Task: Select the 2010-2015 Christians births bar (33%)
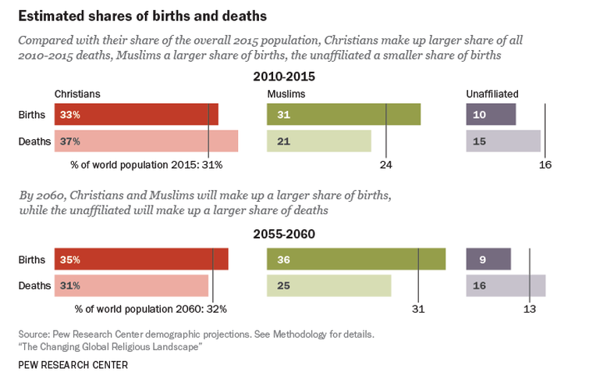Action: [136, 114]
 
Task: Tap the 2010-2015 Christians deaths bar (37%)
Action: [146, 141]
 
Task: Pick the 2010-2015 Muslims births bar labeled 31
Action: [343, 114]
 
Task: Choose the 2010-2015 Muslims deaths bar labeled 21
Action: [318, 141]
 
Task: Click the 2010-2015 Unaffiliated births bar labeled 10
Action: [491, 114]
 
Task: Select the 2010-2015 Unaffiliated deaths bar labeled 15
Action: [503, 141]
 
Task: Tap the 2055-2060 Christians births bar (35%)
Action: [141, 259]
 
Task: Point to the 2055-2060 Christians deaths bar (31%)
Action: [131, 285]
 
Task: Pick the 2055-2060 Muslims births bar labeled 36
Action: [356, 259]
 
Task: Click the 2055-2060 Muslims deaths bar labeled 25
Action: [328, 285]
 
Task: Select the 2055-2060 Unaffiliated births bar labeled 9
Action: [488, 259]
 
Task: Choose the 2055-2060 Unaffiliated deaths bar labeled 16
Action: [506, 285]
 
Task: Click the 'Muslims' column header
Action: [286, 94]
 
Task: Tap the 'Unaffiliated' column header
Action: [492, 94]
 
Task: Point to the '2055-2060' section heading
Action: [284, 234]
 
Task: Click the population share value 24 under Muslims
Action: [385, 165]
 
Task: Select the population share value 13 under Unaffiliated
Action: [529, 309]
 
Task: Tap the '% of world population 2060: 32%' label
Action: [150, 309]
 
